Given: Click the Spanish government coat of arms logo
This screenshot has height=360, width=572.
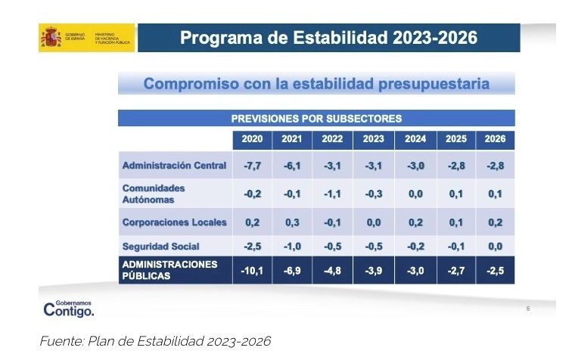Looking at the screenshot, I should pos(51,38).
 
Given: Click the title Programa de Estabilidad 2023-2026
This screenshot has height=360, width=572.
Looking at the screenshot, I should pos(328,38).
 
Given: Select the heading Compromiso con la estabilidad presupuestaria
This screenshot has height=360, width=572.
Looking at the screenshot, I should pos(316,83).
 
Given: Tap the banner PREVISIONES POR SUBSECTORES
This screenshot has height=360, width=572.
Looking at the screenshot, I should pos(316,118).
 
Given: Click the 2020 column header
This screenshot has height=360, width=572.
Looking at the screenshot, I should pos(252,140).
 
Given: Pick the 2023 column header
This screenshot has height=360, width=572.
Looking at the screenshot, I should pos(373,140).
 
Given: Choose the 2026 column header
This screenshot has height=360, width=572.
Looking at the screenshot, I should pos(494,140).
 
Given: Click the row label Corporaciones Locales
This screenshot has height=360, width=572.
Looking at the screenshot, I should pos(175,222).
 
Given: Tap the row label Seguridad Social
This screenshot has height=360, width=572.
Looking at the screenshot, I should pos(160,246).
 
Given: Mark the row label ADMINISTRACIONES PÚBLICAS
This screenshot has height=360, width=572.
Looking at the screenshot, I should pos(169,270).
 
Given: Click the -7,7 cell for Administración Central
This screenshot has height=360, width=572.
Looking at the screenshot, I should pos(252,165).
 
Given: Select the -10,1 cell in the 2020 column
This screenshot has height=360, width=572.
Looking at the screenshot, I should pos(252,270).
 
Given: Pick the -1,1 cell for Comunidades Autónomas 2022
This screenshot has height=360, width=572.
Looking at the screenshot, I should pos(332,194).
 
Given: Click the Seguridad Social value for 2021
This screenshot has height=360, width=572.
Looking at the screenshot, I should pos(292,246).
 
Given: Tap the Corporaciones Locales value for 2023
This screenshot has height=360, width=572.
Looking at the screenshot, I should pos(373,222).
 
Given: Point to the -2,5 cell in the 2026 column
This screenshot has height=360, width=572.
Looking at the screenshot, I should pos(494,270).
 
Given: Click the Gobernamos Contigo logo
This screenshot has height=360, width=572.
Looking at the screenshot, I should pos(69,308).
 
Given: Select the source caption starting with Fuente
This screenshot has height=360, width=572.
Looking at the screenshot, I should pos(154,341).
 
